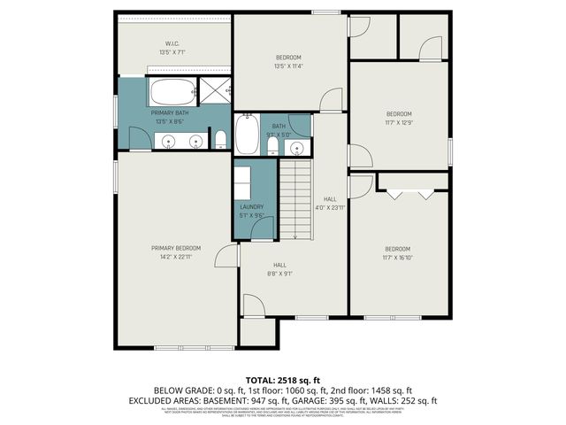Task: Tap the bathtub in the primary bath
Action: pos(173,91)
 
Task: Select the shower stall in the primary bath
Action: pos(215,90)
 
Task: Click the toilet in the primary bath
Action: pos(220,139)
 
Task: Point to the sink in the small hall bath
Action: pos(299,147)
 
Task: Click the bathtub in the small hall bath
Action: pos(247,137)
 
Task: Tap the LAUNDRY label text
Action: pos(252,206)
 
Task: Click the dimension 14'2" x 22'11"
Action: pos(176,257)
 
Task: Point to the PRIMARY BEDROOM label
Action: pos(176,248)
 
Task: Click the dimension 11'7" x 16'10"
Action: pos(398,258)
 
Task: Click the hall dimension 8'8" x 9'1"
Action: pos(279,274)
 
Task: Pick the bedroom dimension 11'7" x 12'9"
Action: pos(398,123)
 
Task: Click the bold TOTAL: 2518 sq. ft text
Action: pos(282,380)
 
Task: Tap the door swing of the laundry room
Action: pos(262,229)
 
